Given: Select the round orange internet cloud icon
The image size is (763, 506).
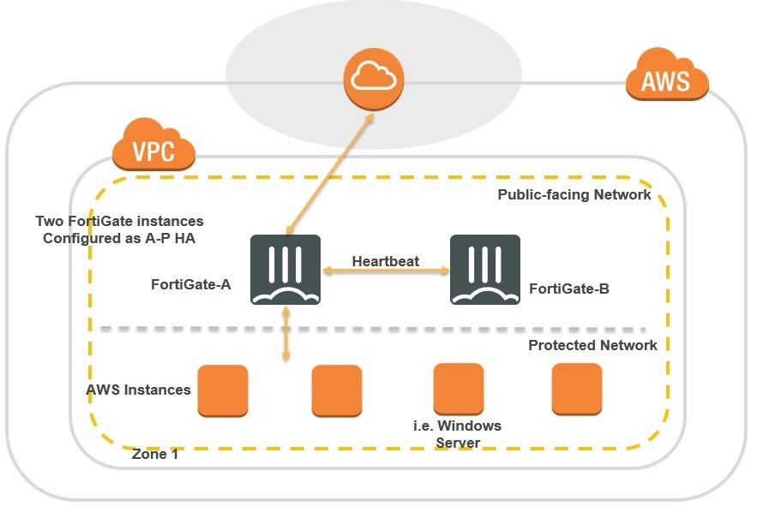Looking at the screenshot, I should [x=373, y=78].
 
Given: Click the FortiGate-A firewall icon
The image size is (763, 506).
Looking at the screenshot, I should [x=285, y=269].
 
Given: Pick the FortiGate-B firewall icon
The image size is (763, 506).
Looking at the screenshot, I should [x=484, y=269].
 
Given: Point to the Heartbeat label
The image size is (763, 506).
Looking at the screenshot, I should [x=386, y=260].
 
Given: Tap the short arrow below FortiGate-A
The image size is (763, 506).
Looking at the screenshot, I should [x=286, y=333].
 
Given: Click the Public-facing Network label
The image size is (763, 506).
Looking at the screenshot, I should [x=574, y=195].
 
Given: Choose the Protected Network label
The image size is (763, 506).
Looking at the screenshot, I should [x=592, y=345].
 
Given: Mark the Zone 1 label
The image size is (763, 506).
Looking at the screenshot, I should [x=155, y=455].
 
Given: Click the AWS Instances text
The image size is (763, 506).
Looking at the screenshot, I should [x=138, y=390].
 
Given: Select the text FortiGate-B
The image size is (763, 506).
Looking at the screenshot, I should [x=569, y=289].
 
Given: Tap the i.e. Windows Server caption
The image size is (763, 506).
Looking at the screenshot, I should [x=458, y=434].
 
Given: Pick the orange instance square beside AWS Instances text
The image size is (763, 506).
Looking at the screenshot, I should [x=223, y=390].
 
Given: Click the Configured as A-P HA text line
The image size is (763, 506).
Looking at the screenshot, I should [x=119, y=238].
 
